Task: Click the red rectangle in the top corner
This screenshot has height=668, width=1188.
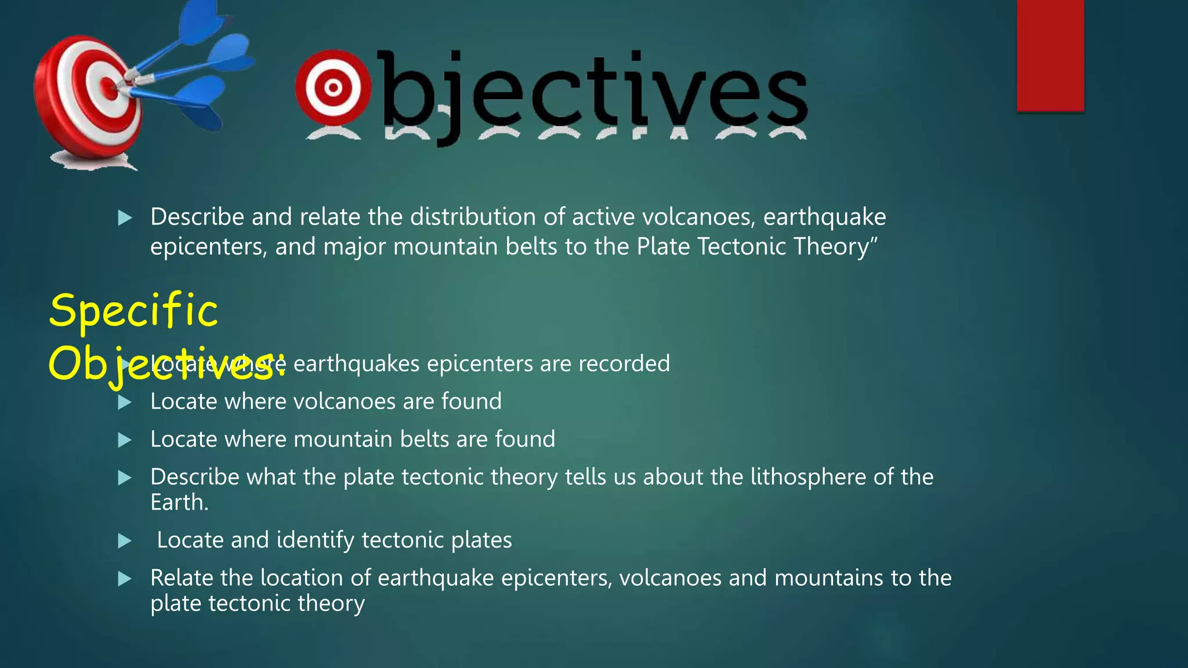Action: (1050, 55)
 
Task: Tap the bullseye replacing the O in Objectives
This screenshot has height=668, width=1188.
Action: (333, 88)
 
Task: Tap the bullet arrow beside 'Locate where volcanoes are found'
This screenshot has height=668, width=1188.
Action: (124, 402)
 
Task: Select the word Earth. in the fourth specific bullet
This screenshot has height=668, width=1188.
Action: (179, 502)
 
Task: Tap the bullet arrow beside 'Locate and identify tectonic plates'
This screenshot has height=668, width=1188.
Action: (124, 541)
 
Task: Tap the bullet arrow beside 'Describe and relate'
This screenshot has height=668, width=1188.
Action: (124, 219)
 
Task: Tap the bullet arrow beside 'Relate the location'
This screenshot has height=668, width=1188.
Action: (124, 579)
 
